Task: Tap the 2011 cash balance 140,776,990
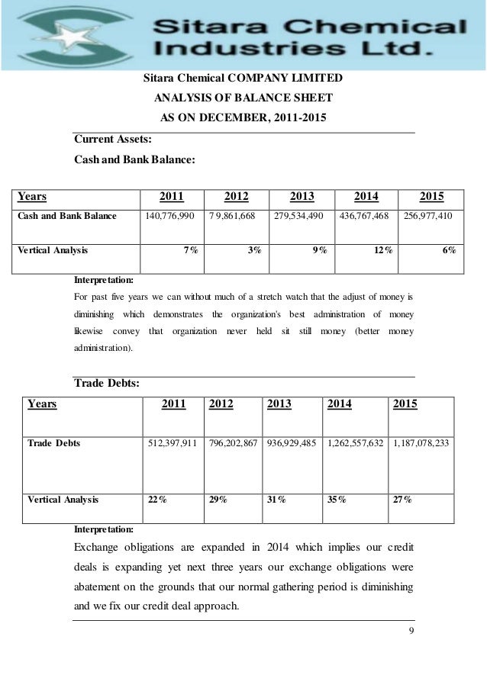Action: [x=169, y=217]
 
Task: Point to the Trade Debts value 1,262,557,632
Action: [x=357, y=442]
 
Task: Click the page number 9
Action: [x=411, y=630]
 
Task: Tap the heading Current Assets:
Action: [x=111, y=140]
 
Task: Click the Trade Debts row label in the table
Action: [x=54, y=442]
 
